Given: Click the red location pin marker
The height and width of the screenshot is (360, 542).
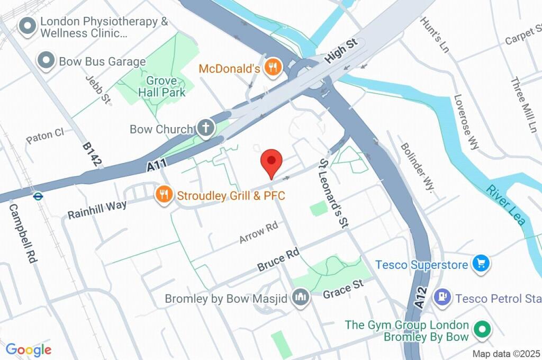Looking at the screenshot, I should (x=272, y=161).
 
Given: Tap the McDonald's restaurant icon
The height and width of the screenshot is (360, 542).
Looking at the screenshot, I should (x=273, y=67).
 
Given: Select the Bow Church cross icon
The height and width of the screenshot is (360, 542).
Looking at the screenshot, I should (x=205, y=128).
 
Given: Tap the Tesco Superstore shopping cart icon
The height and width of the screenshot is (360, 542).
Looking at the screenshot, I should (x=481, y=263).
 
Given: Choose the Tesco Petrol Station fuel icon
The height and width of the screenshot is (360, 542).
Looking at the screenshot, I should (x=441, y=298).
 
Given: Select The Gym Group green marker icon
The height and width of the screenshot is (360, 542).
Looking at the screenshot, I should (x=482, y=330).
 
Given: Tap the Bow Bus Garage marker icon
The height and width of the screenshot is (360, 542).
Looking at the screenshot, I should (x=47, y=61).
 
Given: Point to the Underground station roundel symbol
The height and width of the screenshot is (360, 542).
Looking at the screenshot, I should (x=38, y=195).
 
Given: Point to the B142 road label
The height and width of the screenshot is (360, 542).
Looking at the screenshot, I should (x=91, y=154).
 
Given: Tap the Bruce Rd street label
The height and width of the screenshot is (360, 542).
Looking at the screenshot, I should (x=278, y=260).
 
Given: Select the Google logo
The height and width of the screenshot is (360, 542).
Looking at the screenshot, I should (x=29, y=349).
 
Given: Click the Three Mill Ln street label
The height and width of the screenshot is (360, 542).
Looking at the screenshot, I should (x=523, y=104).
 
